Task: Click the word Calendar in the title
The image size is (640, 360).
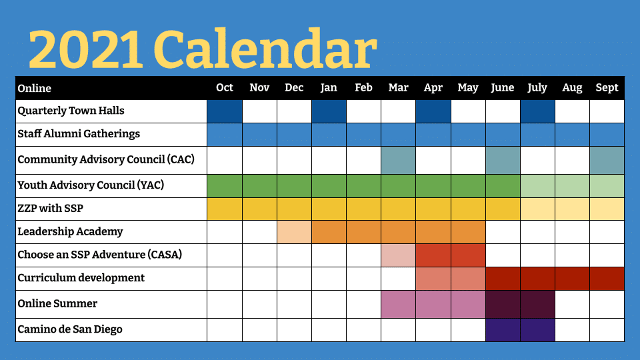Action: (265, 49)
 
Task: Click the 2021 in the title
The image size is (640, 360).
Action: (86, 50)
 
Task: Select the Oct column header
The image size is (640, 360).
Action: (225, 88)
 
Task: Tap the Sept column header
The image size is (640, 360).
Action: (607, 88)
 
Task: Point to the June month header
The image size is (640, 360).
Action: (503, 88)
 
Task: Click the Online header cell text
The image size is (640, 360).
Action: (34, 88)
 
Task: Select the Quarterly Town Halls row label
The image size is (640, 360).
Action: (71, 111)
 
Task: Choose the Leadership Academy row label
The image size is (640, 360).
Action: (70, 231)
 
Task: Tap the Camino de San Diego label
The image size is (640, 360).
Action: (70, 329)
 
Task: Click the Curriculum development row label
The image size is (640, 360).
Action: (81, 277)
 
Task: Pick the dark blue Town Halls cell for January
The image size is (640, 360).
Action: (329, 111)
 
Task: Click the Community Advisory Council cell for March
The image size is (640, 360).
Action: (399, 161)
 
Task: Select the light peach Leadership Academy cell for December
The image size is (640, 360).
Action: (294, 232)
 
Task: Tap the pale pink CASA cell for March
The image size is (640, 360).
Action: (399, 255)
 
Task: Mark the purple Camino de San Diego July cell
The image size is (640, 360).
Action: (537, 330)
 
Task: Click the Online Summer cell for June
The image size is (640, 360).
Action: (503, 305)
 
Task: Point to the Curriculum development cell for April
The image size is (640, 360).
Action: (433, 279)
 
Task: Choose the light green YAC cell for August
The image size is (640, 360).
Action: (572, 186)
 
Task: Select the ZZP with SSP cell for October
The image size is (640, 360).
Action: (225, 209)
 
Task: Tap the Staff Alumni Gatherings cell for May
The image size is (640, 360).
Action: (468, 135)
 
